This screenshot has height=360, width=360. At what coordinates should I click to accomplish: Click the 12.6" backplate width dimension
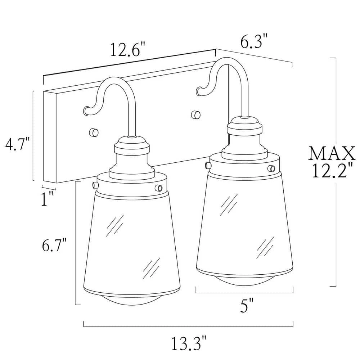[x=128, y=50]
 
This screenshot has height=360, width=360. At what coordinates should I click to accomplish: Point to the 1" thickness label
[x=47, y=198]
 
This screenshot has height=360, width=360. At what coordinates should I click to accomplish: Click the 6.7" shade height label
[x=54, y=245]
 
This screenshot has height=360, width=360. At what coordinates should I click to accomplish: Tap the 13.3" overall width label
[x=189, y=343]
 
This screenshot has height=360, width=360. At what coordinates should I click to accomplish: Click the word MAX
[x=332, y=153]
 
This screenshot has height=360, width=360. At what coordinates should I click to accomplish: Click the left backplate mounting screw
[x=94, y=132]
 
